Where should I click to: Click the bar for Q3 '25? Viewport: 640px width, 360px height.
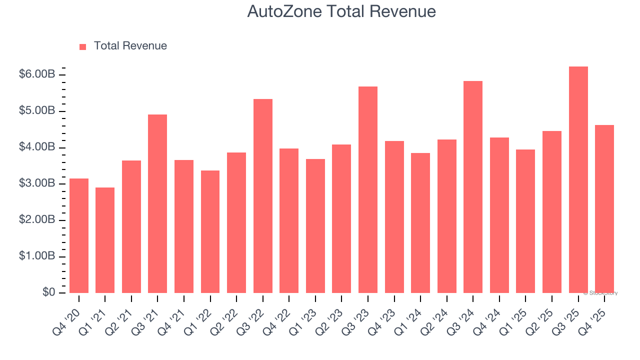pyautogui.click(x=578, y=180)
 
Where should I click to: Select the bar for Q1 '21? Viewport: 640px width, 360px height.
pyautogui.click(x=105, y=240)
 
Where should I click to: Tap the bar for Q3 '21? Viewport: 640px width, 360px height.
pyautogui.click(x=157, y=204)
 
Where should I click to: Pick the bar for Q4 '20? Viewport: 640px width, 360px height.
pyautogui.click(x=79, y=235)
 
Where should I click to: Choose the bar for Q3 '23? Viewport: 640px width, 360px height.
pyautogui.click(x=368, y=190)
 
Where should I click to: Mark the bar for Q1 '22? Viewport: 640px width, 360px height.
pyautogui.click(x=210, y=231)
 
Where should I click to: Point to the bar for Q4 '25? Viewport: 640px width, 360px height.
pyautogui.click(x=604, y=209)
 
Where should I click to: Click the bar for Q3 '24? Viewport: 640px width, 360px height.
pyautogui.click(x=473, y=187)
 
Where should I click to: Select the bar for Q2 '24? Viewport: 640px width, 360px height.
pyautogui.click(x=447, y=216)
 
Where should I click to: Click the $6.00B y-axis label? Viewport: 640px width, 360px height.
pyautogui.click(x=37, y=74)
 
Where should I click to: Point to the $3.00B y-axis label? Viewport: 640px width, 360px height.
pyautogui.click(x=37, y=183)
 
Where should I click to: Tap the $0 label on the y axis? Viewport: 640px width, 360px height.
pyautogui.click(x=48, y=292)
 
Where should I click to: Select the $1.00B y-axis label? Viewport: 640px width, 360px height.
pyautogui.click(x=37, y=256)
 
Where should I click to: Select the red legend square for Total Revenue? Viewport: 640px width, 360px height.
pyautogui.click(x=83, y=46)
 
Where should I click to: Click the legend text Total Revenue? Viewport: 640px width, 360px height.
pyautogui.click(x=130, y=46)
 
